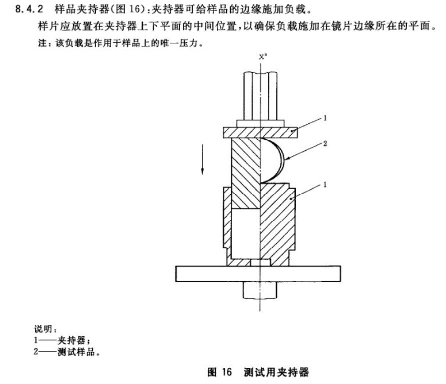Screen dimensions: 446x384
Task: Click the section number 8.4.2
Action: [x=29, y=9]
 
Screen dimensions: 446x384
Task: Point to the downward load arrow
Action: [x=202, y=159]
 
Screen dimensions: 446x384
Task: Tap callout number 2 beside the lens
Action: [x=325, y=143]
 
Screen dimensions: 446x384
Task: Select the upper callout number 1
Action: [x=325, y=118]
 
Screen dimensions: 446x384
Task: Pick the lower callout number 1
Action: [x=325, y=184]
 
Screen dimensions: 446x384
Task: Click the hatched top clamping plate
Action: [x=260, y=132]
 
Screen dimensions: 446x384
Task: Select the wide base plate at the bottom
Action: [x=258, y=274]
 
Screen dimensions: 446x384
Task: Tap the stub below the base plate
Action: [x=260, y=290]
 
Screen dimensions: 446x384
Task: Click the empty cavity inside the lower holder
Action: [x=245, y=234]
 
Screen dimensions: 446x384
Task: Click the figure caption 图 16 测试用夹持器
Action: [x=258, y=372]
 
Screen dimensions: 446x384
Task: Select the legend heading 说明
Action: [x=43, y=329]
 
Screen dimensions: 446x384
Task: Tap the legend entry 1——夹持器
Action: [x=62, y=340]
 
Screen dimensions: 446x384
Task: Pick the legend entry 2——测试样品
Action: [x=67, y=351]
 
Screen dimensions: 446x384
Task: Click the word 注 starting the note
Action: [x=43, y=43]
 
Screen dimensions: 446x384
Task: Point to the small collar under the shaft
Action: [x=260, y=124]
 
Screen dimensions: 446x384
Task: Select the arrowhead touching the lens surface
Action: [x=287, y=158]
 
